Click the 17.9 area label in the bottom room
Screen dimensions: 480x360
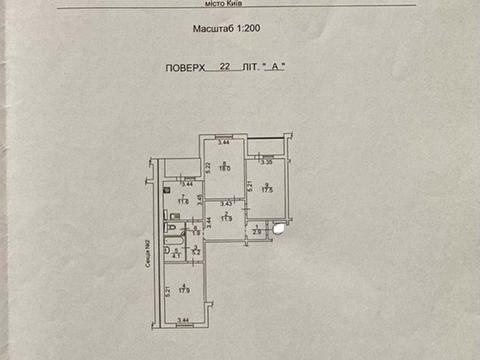[x=183, y=290]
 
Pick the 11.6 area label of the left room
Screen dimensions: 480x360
[x=182, y=202]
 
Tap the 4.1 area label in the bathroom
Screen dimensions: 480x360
[x=176, y=256]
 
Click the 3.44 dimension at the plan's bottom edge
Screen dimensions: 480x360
[x=183, y=320]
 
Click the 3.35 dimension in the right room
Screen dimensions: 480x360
[x=265, y=162]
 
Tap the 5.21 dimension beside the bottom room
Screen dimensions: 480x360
[x=165, y=292]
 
